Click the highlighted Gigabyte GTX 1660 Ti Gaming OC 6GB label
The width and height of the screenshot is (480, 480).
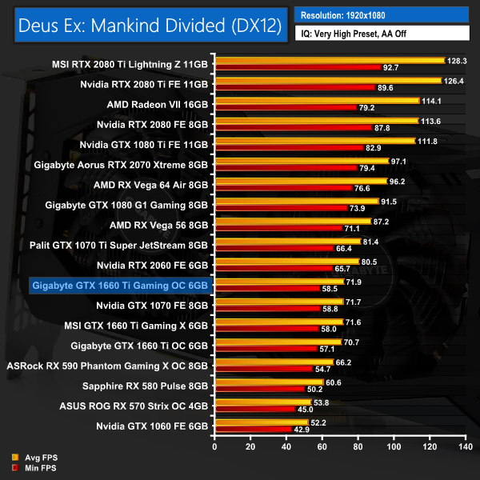click(119, 285)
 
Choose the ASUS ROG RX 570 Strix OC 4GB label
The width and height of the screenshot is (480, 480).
click(134, 406)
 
